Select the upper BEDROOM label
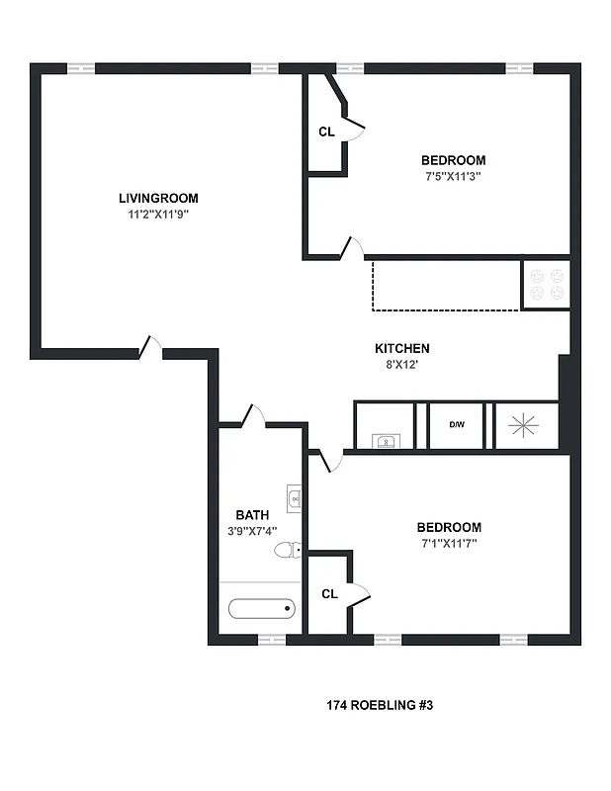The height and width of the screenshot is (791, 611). (x=453, y=160)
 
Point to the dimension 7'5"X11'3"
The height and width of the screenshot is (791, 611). (x=453, y=177)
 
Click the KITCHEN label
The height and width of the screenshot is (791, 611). (x=401, y=348)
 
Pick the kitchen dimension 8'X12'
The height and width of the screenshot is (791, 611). (x=401, y=365)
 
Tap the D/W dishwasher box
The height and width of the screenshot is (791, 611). (x=457, y=425)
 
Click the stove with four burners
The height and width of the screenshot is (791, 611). (x=546, y=285)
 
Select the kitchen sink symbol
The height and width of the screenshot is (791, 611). (x=384, y=441)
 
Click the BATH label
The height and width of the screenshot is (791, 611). (x=252, y=515)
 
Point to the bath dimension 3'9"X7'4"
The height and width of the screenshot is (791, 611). (x=252, y=531)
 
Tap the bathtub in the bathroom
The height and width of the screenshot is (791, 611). (x=261, y=608)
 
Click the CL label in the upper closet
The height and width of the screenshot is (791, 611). (x=326, y=132)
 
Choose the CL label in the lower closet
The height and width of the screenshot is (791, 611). (x=330, y=594)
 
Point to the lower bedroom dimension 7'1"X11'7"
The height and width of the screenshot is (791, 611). (x=448, y=543)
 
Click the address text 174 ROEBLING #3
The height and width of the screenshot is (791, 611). (x=380, y=706)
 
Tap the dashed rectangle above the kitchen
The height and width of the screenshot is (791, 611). (x=445, y=285)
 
